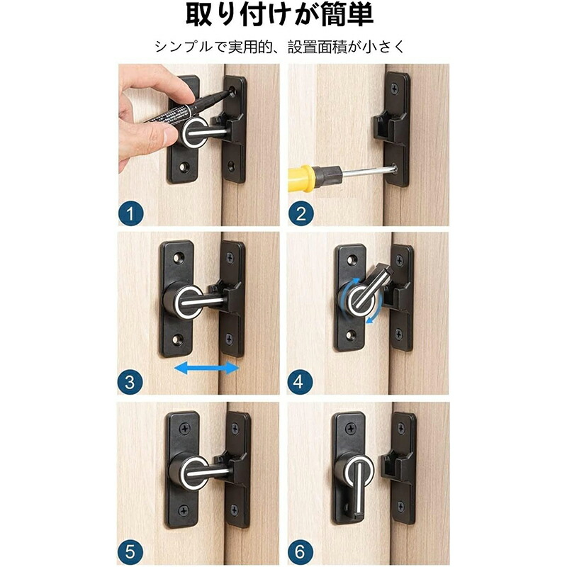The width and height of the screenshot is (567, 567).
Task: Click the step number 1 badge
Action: point(131,214)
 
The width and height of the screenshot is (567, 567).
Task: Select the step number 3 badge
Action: point(130,382)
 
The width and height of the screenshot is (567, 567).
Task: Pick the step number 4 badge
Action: point(300,382)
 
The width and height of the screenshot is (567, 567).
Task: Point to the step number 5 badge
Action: point(130,552)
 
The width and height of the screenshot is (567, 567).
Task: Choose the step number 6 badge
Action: point(300,552)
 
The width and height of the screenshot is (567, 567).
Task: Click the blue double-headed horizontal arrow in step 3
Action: point(207,369)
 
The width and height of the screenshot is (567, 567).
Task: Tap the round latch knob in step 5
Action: point(188,471)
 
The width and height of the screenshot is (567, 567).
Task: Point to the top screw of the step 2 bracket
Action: point(394,89)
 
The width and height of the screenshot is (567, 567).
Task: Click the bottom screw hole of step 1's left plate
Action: point(184,167)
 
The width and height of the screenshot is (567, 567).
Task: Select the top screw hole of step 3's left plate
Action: point(178,258)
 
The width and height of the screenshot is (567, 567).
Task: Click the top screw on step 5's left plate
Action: point(185,430)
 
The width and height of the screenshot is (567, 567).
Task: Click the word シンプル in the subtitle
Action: point(184,47)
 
